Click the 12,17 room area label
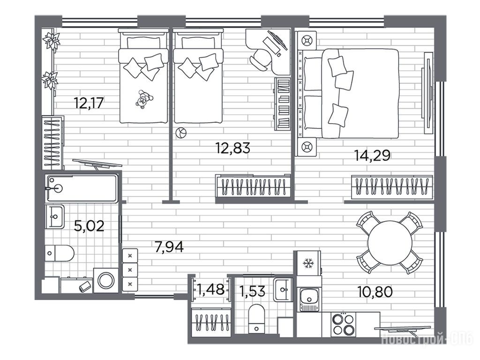[89, 103]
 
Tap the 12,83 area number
[233, 148]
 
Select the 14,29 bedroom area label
[372, 155]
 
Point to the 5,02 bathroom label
[89, 226]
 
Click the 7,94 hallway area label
[169, 247]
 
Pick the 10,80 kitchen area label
[375, 292]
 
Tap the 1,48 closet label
[211, 289]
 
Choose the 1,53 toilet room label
[252, 291]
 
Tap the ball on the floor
[180, 133]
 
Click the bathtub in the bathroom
[82, 188]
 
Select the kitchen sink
[310, 296]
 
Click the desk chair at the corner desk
[260, 59]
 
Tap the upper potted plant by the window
[52, 41]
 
